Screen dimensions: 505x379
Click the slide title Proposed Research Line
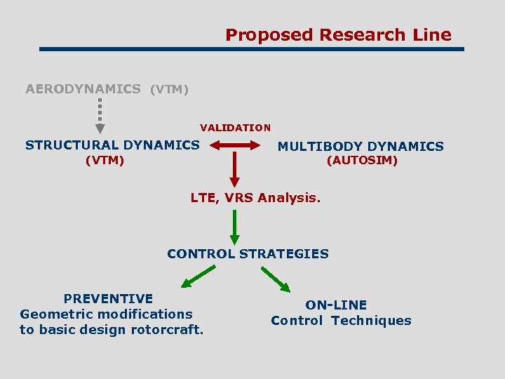338,34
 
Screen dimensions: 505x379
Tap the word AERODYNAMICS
83,89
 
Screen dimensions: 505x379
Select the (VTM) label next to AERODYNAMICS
169,90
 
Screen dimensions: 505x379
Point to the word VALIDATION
235,128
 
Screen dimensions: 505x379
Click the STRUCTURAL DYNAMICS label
112,145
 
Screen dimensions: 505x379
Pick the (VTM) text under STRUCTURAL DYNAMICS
105,161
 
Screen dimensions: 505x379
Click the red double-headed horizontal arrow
235,145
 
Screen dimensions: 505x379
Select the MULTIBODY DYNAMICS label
361,147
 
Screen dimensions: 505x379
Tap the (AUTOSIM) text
362,161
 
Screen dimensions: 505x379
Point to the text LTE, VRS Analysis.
255,198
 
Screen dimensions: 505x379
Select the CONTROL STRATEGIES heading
248,254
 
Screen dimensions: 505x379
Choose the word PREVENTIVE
108,298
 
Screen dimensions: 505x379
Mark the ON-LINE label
336,305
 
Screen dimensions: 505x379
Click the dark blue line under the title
252,49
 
